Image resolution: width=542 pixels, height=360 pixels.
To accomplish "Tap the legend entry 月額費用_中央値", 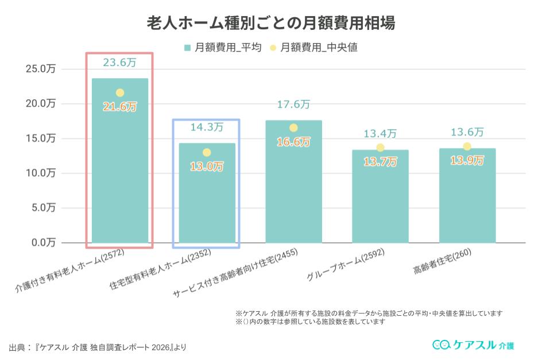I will pyautogui.click(x=313, y=48).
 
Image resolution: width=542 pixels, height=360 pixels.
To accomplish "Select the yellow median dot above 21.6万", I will pyautogui.click(x=120, y=92).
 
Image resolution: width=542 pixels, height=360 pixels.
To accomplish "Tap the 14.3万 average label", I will pyautogui.click(x=206, y=127).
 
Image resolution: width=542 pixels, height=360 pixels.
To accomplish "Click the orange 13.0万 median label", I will pyautogui.click(x=206, y=167).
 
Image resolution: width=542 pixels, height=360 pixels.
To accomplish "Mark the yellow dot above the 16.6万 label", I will pyautogui.click(x=293, y=128).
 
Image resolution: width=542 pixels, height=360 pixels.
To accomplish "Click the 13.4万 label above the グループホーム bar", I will pyautogui.click(x=380, y=134).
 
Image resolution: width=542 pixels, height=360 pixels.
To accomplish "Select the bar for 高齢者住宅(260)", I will pyautogui.click(x=467, y=198).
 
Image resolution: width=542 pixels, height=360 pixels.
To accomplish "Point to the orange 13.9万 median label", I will pyautogui.click(x=467, y=160).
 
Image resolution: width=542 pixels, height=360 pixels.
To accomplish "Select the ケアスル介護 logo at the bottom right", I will pyautogui.click(x=473, y=344).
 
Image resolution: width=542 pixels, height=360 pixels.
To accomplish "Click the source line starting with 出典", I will pyautogui.click(x=98, y=348).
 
